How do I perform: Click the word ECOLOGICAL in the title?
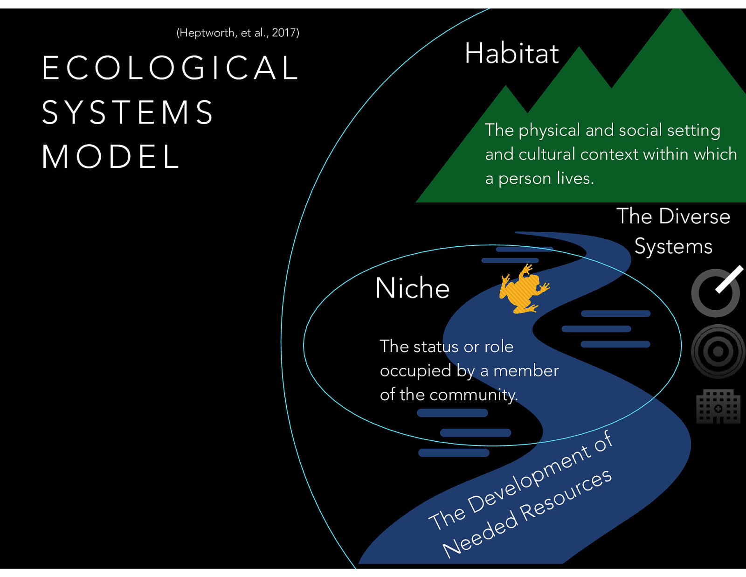click(x=170, y=68)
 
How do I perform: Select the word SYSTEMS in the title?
click(x=128, y=112)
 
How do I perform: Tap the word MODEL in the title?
click(x=111, y=156)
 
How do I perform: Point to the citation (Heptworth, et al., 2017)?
click(x=238, y=33)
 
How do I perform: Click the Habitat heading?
click(x=511, y=53)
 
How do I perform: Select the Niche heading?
click(x=412, y=288)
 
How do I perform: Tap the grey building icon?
click(x=718, y=406)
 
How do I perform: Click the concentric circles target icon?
click(x=718, y=351)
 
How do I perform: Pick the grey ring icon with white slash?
click(x=716, y=292)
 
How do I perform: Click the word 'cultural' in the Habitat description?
click(x=546, y=154)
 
